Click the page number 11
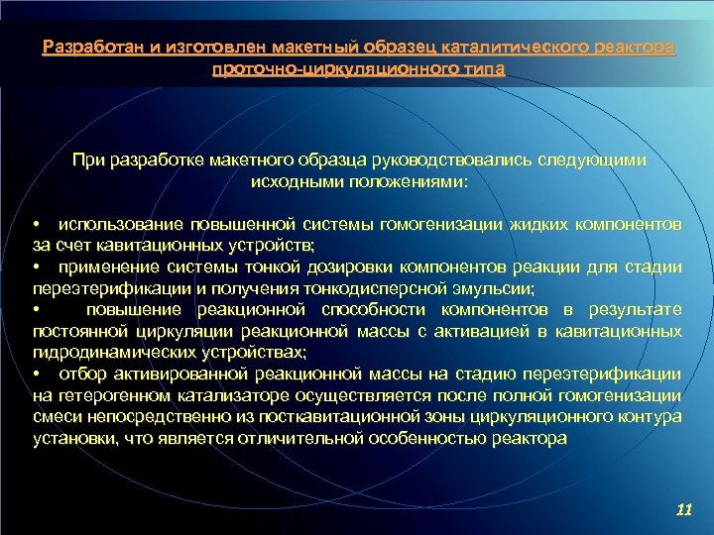click(x=681, y=509)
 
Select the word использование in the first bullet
click(x=120, y=224)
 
